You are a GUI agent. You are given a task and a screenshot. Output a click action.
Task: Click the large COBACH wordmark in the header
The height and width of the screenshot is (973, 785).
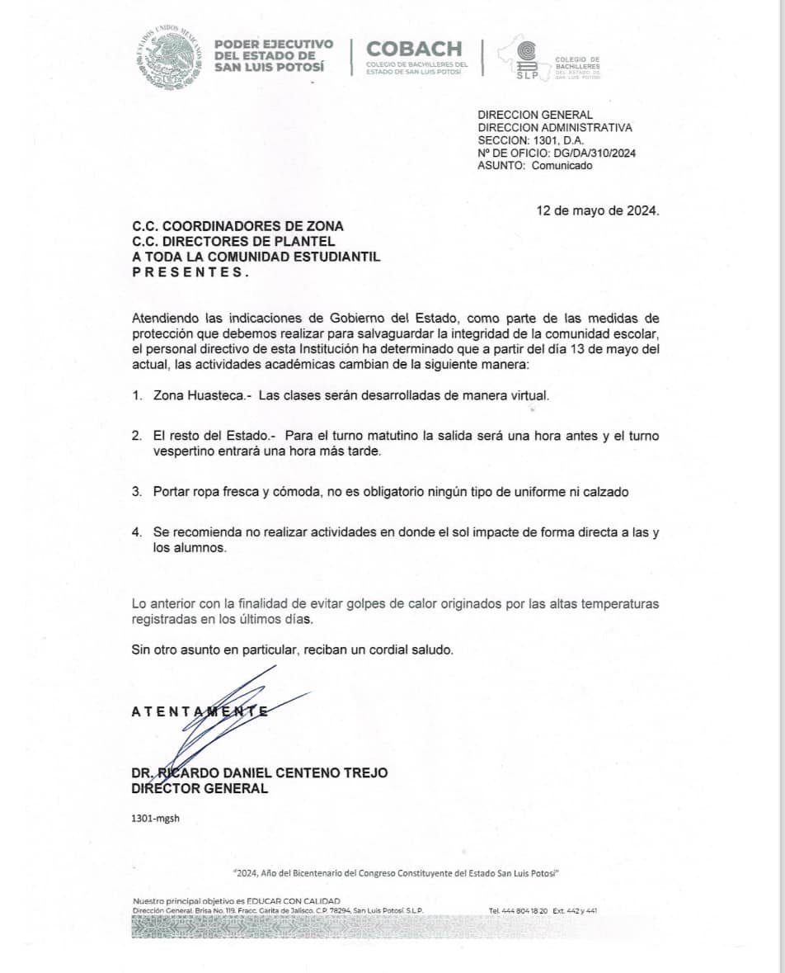[x=414, y=49]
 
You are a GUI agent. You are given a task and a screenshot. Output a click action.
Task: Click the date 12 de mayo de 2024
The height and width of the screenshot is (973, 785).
[x=598, y=210]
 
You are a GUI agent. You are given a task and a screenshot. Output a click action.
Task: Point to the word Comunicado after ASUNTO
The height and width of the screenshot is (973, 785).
[x=562, y=165]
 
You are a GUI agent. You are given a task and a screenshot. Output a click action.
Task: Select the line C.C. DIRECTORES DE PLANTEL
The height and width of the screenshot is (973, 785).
[x=233, y=241]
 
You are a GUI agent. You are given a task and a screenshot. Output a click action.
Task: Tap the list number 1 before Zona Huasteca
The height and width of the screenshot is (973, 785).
[x=136, y=395]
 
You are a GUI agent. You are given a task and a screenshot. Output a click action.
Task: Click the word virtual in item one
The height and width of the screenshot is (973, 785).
[x=528, y=395]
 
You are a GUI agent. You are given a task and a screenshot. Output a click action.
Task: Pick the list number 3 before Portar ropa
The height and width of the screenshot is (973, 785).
[x=136, y=491]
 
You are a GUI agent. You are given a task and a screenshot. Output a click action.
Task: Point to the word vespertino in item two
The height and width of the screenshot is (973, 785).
[x=183, y=451]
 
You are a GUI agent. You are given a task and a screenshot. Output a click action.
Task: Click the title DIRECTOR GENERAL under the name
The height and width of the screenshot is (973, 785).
[x=200, y=788]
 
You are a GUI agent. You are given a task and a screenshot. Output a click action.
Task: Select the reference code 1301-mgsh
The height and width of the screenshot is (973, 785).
[x=155, y=818]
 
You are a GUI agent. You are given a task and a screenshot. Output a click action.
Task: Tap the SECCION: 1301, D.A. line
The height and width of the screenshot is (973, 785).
[x=530, y=140]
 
